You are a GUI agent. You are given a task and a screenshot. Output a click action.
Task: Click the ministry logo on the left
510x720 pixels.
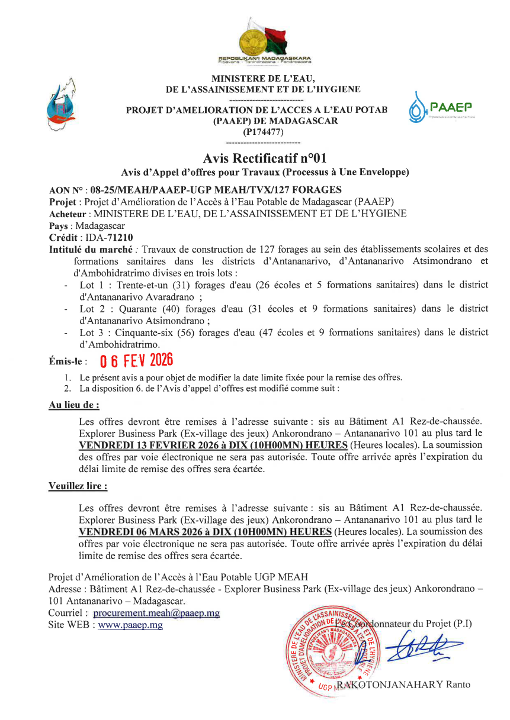click(62, 105)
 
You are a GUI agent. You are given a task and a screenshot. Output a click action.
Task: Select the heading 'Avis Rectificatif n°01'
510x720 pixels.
click(264, 159)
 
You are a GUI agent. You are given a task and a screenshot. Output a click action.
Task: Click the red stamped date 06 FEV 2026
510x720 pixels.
click(136, 360)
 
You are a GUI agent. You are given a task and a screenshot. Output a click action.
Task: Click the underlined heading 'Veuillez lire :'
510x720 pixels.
click(78, 487)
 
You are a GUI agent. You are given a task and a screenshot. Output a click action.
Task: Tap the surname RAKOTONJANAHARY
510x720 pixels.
click(389, 685)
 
